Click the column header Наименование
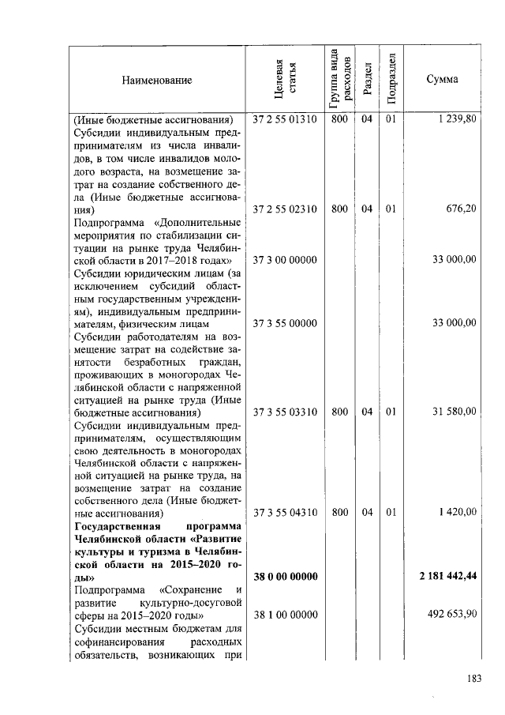(x=156, y=80)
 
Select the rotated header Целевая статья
(x=284, y=80)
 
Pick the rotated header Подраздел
(x=390, y=80)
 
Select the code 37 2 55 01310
(x=284, y=121)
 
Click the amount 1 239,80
(x=455, y=121)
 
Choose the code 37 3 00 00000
(x=284, y=260)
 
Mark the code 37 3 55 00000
(x=284, y=323)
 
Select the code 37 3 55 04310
(x=284, y=513)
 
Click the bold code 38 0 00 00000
(x=284, y=577)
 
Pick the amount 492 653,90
(x=450, y=615)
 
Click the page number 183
(x=474, y=677)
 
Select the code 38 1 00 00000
(x=284, y=615)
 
